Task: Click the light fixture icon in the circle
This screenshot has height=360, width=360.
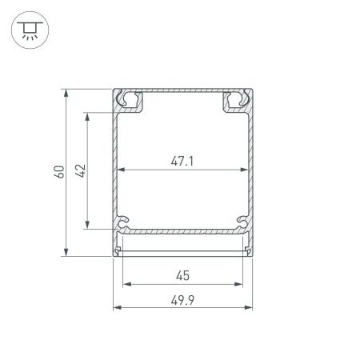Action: tap(30, 30)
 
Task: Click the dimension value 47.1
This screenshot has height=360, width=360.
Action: tap(182, 161)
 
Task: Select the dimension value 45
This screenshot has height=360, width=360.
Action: tap(182, 276)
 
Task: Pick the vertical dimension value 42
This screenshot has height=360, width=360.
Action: tap(78, 170)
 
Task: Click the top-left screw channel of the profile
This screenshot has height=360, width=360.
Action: tap(128, 101)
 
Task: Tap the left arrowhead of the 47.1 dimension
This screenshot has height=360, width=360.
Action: tap(122, 170)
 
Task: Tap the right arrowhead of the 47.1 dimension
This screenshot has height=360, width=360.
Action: tap(242, 170)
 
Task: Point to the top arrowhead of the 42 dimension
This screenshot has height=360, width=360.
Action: tap(86, 114)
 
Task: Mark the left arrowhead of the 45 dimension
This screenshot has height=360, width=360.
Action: tap(124, 285)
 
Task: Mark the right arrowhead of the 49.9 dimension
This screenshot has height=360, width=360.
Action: tap(250, 307)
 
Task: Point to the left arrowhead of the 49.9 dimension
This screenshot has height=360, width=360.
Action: tap(114, 307)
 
